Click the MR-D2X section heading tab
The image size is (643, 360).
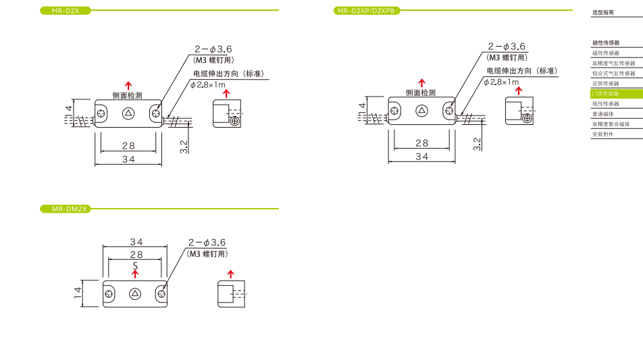click(x=65, y=11)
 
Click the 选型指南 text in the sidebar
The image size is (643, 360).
click(x=603, y=12)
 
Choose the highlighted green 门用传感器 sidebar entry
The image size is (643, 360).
click(x=605, y=94)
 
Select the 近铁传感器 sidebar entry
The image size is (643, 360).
click(x=605, y=84)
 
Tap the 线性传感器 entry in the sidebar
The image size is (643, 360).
click(x=605, y=104)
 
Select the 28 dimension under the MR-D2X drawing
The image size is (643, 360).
click(x=128, y=145)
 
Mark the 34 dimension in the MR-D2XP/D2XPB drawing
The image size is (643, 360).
click(x=421, y=156)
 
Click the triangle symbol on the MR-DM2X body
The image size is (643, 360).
click(x=135, y=294)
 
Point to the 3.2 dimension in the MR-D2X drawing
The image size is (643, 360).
click(x=184, y=147)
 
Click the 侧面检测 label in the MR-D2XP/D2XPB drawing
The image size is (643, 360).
click(x=421, y=93)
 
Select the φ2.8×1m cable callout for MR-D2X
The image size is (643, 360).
click(x=207, y=84)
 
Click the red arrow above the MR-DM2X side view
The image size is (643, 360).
click(x=230, y=274)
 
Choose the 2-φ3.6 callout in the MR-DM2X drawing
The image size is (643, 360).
click(x=207, y=242)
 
